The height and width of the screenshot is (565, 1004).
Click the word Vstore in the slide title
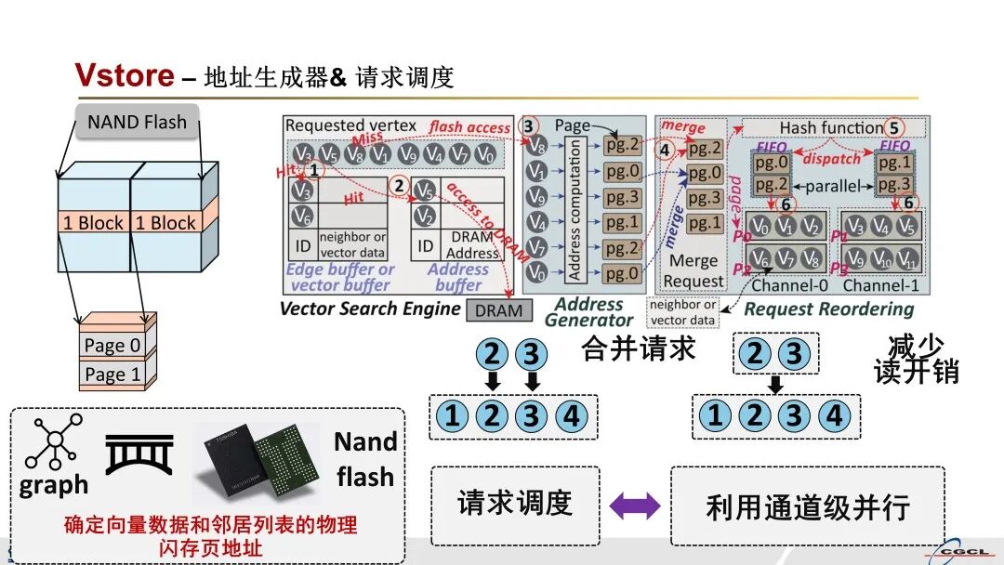(124, 75)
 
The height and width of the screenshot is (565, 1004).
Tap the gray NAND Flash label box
(137, 122)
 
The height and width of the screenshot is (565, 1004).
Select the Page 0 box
(112, 346)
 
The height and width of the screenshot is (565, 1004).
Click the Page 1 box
(112, 374)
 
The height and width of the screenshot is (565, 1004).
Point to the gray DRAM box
(499, 310)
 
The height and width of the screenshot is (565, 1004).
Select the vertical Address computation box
(575, 210)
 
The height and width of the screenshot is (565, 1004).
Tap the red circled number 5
(894, 127)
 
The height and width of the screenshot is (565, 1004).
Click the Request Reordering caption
(829, 309)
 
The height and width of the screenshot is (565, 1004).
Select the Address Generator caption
(588, 312)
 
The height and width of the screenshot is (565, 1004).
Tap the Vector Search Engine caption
(370, 309)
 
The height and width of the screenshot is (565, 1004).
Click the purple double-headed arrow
(635, 506)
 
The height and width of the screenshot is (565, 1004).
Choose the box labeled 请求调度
(514, 505)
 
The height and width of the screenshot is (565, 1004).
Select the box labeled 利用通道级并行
(807, 506)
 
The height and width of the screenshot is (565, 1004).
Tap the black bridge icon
(139, 453)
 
